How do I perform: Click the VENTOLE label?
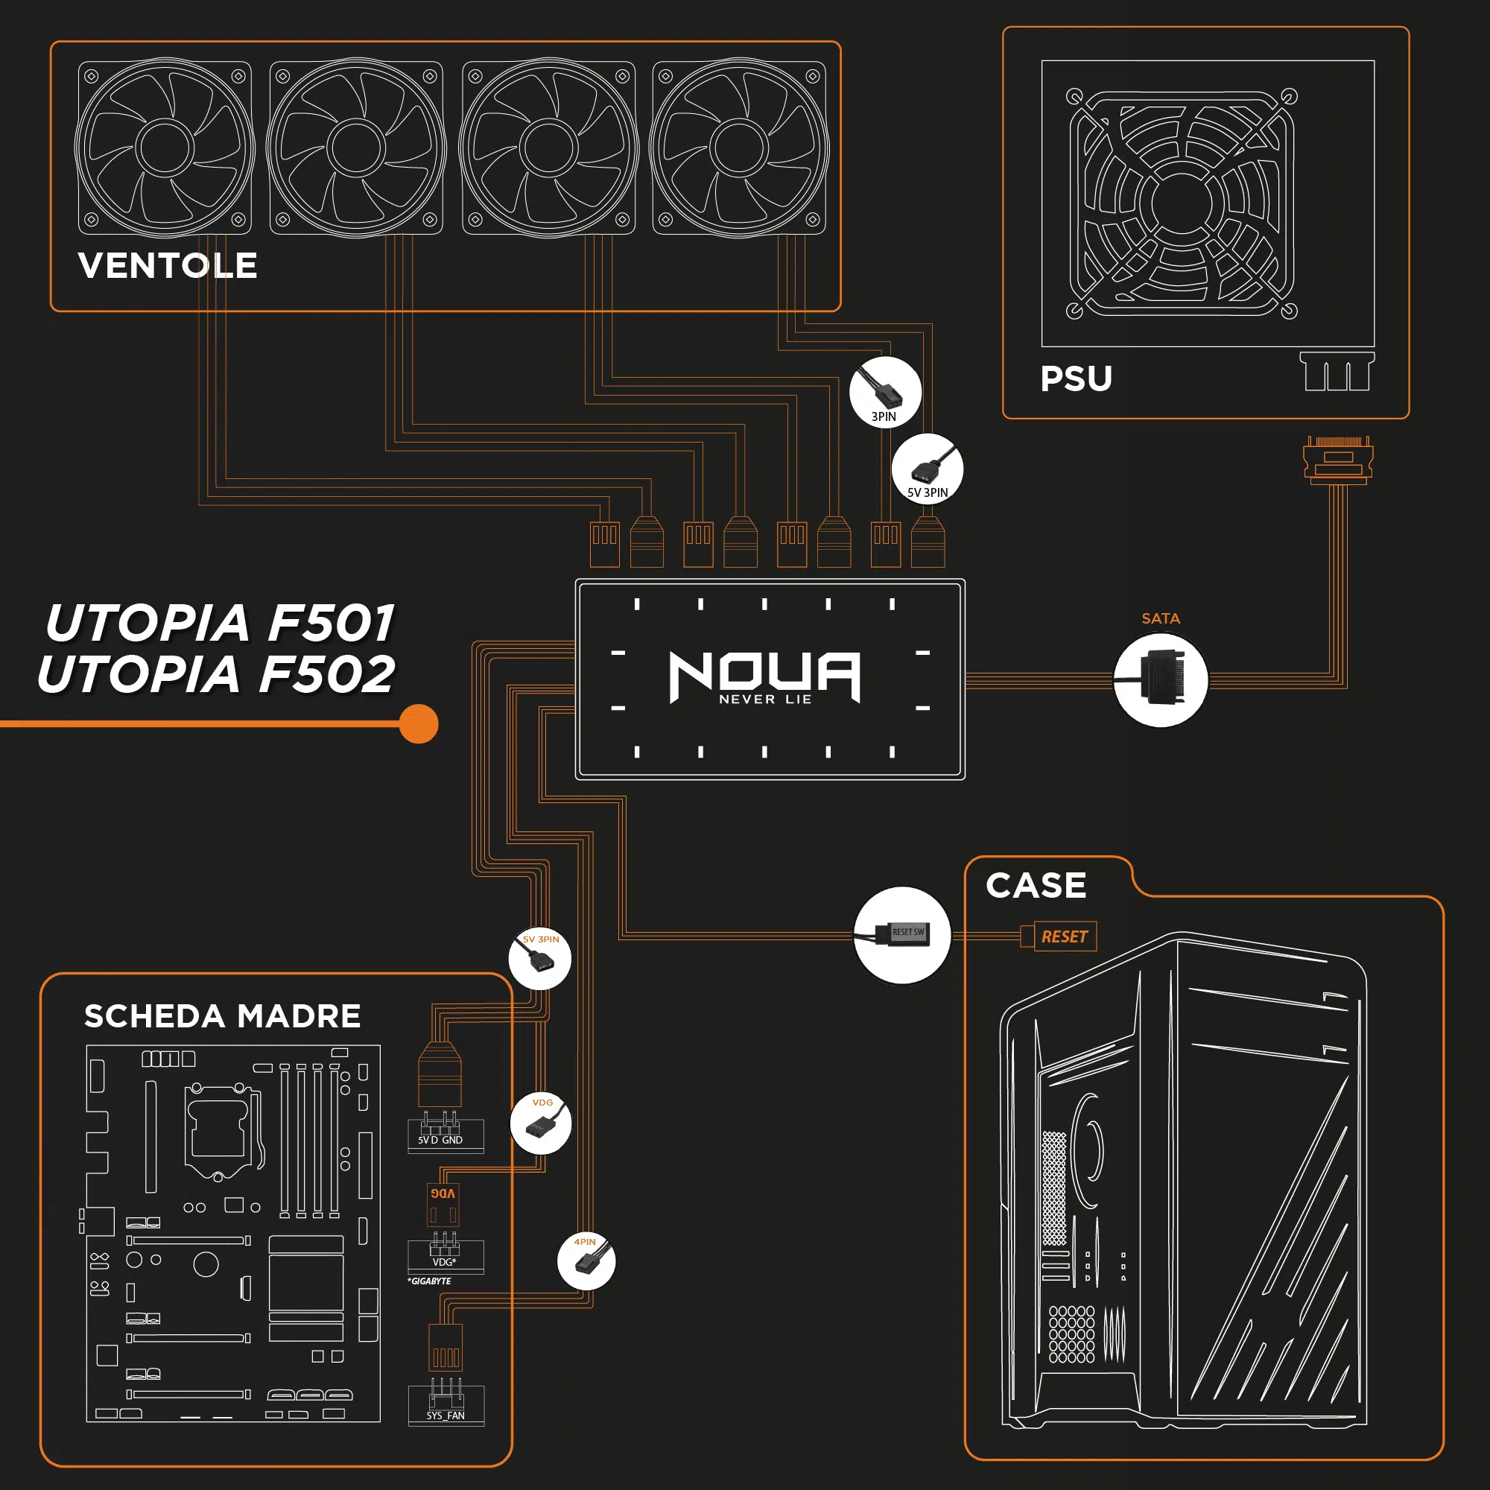[x=168, y=266]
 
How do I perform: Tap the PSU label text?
[x=1076, y=378]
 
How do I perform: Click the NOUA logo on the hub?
[x=764, y=676]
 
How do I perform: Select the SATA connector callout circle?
[x=1161, y=680]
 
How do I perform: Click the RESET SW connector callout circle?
[x=901, y=935]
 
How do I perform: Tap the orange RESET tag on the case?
[x=1065, y=936]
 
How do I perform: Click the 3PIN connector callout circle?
[x=884, y=392]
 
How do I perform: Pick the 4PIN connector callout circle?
[x=586, y=1261]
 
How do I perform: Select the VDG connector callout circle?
[x=542, y=1123]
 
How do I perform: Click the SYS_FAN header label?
[x=446, y=1415]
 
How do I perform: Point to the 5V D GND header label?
[x=440, y=1140]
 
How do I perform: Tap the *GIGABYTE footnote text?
[x=430, y=1281]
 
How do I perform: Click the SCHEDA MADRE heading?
[x=222, y=1015]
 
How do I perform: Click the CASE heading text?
[x=1036, y=885]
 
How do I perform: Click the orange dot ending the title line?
[x=419, y=723]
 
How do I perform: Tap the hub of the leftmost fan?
[x=164, y=148]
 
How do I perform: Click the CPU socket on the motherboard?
[x=218, y=1130]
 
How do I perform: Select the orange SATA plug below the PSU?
[x=1338, y=461]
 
